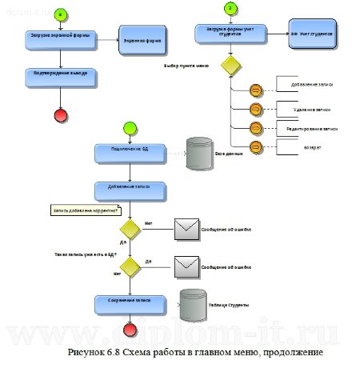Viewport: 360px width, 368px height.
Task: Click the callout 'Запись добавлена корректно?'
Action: [85, 211]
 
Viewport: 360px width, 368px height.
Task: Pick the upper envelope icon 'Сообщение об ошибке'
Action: [186, 230]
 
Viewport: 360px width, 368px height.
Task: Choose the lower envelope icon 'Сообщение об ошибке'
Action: [186, 265]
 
